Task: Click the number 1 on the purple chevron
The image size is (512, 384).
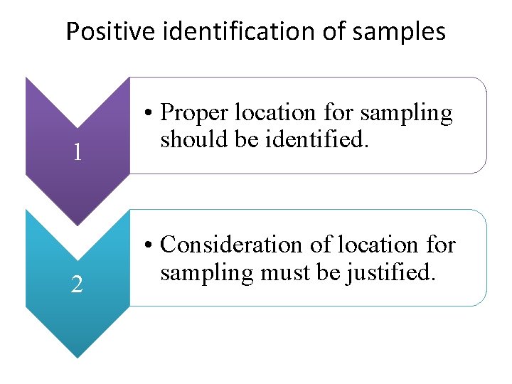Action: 78,152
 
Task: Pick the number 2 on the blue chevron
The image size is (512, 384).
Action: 78,284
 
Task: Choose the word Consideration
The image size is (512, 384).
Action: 234,245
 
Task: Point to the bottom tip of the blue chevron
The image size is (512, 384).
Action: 78,357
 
